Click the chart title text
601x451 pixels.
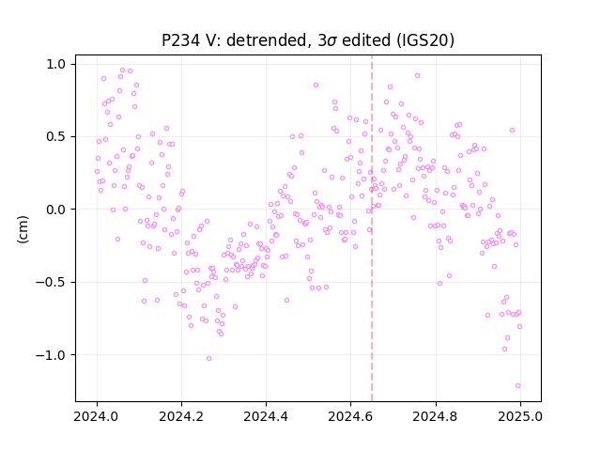tap(308, 40)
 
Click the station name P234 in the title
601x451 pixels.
tap(180, 40)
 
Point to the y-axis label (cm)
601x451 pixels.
tap(23, 229)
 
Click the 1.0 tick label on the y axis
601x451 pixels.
tap(56, 65)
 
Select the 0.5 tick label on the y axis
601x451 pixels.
tap(56, 137)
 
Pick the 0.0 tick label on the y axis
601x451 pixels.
tap(56, 210)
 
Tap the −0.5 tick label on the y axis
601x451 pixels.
tap(51, 283)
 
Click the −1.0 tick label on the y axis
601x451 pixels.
tap(51, 355)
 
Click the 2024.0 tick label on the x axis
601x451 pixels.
tap(97, 416)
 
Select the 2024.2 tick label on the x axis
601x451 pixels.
tap(181, 416)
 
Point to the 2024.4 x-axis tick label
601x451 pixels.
tap(266, 416)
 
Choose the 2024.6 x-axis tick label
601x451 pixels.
tap(350, 416)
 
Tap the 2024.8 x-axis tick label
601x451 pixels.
tap(436, 416)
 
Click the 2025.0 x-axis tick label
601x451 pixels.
tap(520, 416)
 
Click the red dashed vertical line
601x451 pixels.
tap(372, 228)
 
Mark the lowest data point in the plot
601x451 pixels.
tap(517, 386)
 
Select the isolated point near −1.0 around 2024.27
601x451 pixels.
tap(208, 359)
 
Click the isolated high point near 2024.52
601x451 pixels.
tap(316, 86)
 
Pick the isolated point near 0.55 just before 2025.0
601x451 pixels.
tap(512, 131)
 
